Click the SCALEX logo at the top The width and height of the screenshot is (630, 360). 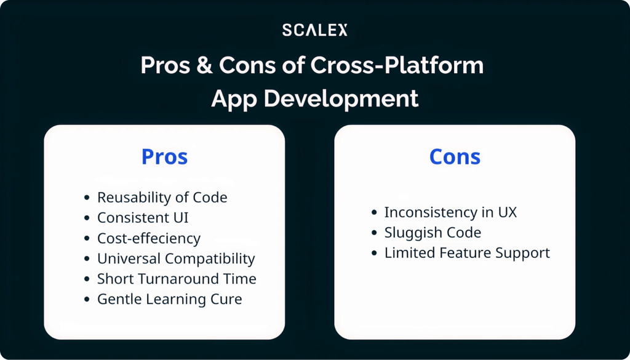(314, 30)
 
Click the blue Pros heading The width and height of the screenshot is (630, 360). (164, 157)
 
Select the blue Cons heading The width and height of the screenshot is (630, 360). (455, 157)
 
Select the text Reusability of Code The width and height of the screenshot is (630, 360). (162, 198)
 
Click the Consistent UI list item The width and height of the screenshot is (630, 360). (143, 218)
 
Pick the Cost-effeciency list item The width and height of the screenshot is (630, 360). (149, 238)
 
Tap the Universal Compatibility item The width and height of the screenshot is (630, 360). (176, 258)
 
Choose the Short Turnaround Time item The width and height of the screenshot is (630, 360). (177, 279)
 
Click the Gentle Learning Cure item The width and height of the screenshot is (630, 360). (170, 299)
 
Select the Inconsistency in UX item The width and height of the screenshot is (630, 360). (450, 212)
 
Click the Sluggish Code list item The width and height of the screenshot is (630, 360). (433, 233)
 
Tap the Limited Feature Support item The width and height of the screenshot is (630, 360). (467, 253)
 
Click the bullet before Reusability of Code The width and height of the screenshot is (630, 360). (87, 198)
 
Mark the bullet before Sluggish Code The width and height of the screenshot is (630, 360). (375, 233)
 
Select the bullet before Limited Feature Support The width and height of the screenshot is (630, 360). (375, 254)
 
